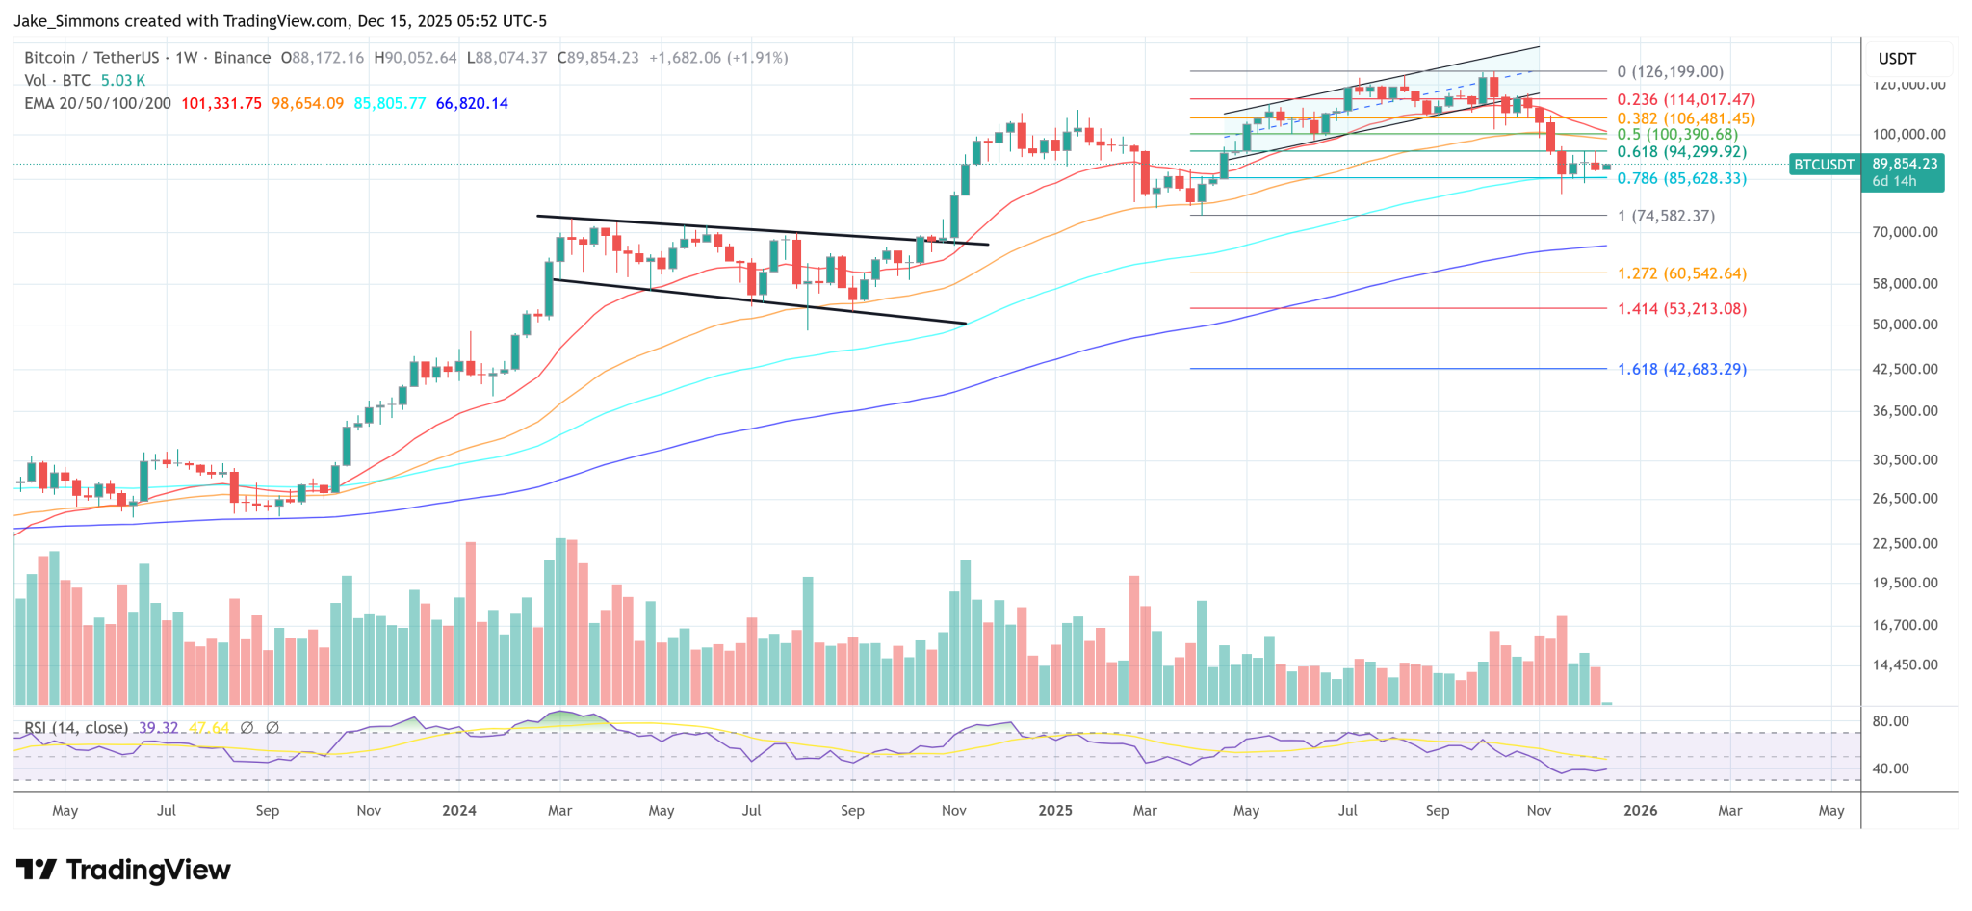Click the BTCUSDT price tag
[x=1824, y=165]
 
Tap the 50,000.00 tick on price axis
[x=1905, y=325]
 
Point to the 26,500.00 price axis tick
[x=1905, y=499]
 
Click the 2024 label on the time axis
[x=459, y=811]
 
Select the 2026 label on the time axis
[x=1640, y=811]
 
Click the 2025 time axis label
[x=1055, y=811]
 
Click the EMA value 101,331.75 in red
[x=221, y=104]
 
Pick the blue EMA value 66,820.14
[x=472, y=104]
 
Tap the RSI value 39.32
[x=159, y=728]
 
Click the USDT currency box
[x=1897, y=59]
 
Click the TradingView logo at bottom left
[x=124, y=871]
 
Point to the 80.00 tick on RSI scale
[x=1890, y=721]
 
